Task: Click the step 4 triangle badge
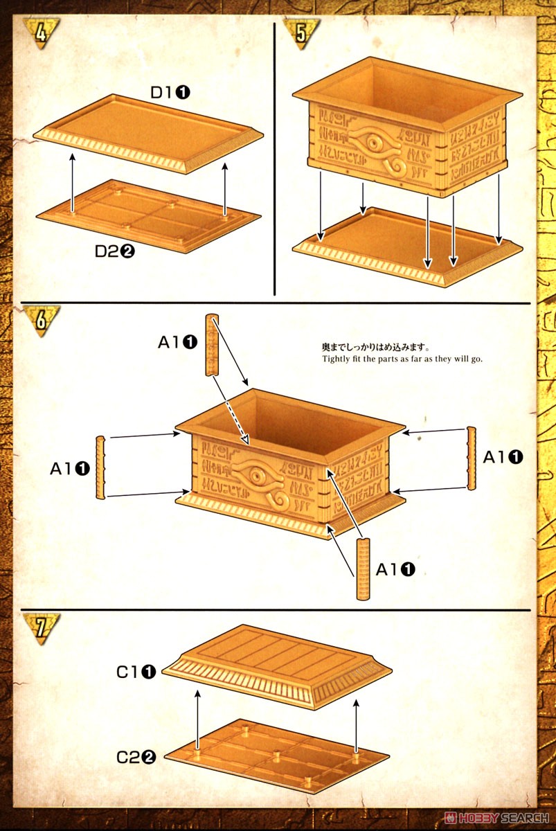(41, 32)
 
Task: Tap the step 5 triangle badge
(302, 32)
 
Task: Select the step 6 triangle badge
(41, 321)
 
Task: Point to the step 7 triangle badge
(41, 627)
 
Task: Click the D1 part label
(170, 91)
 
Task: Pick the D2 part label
(114, 251)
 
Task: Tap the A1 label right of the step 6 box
(503, 456)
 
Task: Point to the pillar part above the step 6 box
(213, 344)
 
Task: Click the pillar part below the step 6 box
(363, 569)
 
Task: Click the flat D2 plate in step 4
(149, 215)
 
